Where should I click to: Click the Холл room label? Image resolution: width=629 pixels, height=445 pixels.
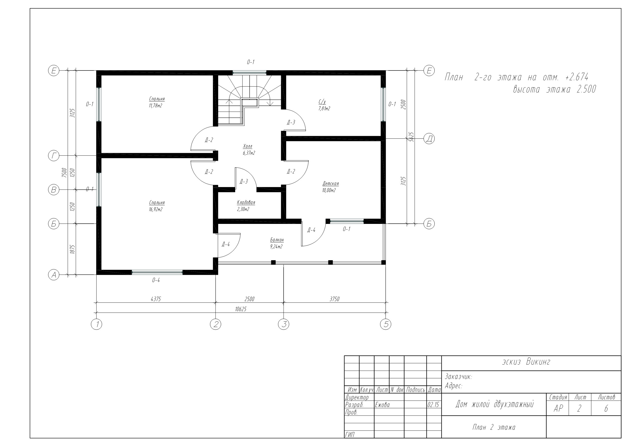248,146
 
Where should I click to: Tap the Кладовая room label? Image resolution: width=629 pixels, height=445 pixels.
246,203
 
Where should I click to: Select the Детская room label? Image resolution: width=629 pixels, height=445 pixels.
331,184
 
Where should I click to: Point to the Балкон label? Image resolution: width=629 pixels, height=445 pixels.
277,240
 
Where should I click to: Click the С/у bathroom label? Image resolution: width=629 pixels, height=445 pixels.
322,102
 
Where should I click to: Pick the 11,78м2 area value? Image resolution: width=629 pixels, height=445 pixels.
156,105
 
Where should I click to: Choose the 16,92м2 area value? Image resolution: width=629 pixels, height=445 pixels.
156,209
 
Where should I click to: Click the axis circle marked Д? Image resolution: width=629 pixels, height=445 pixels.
429,139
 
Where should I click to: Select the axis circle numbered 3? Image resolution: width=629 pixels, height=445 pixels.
284,324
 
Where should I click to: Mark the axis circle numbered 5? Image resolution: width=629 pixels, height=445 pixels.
386,324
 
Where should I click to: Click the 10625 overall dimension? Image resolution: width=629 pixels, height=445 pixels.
241,309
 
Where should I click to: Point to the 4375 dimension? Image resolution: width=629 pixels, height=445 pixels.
156,299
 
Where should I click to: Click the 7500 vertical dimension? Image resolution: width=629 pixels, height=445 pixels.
64,173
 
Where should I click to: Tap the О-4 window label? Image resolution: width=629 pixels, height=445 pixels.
156,280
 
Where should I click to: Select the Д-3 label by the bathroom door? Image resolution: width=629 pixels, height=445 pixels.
291,122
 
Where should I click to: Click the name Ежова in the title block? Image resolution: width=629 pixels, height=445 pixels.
382,405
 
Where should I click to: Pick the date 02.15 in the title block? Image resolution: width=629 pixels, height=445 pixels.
433,405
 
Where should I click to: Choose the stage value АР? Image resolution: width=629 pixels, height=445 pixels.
558,408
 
